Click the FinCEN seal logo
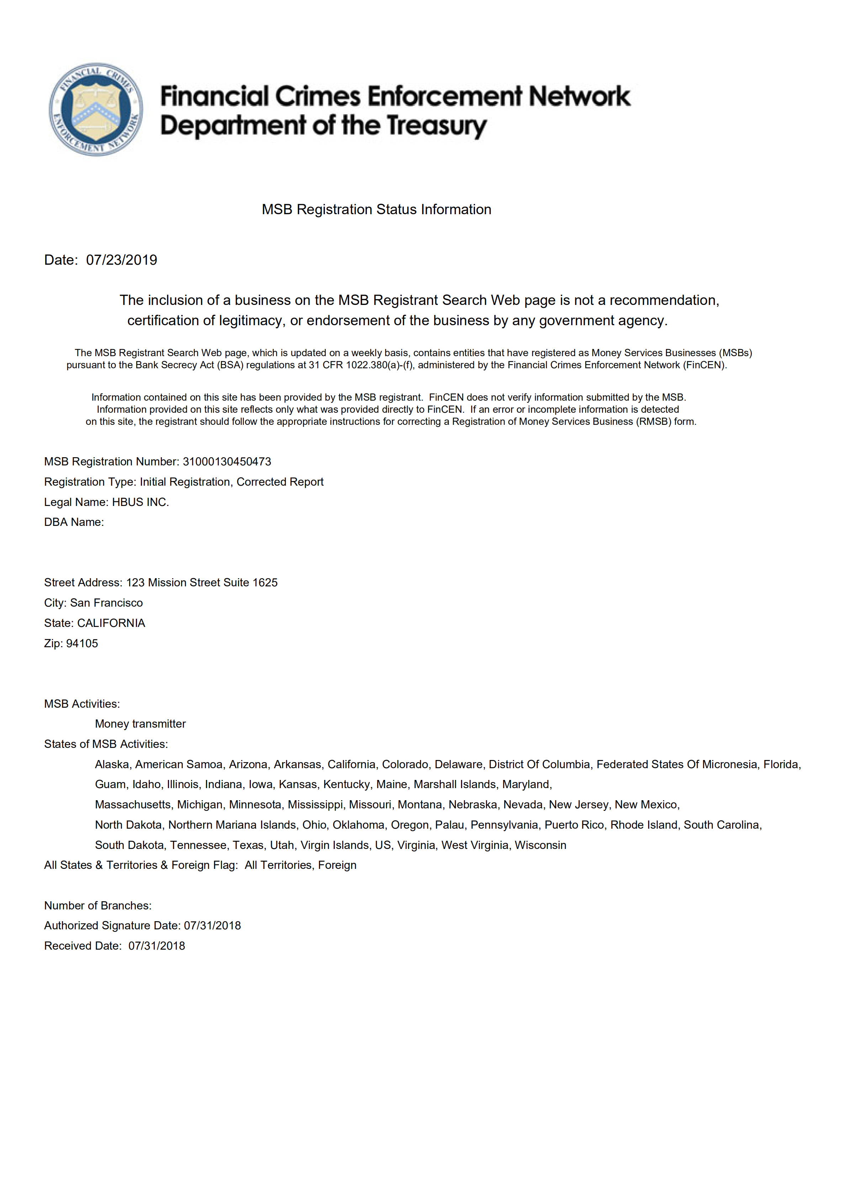point(96,110)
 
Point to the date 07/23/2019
point(122,260)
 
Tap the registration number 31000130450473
point(227,462)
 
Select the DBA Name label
point(74,522)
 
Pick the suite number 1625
point(265,583)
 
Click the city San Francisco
point(106,603)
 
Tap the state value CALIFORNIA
point(111,623)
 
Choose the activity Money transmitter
point(140,724)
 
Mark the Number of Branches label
point(97,906)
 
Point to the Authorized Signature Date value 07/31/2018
point(212,926)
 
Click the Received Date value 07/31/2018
point(157,946)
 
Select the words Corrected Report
point(280,482)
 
